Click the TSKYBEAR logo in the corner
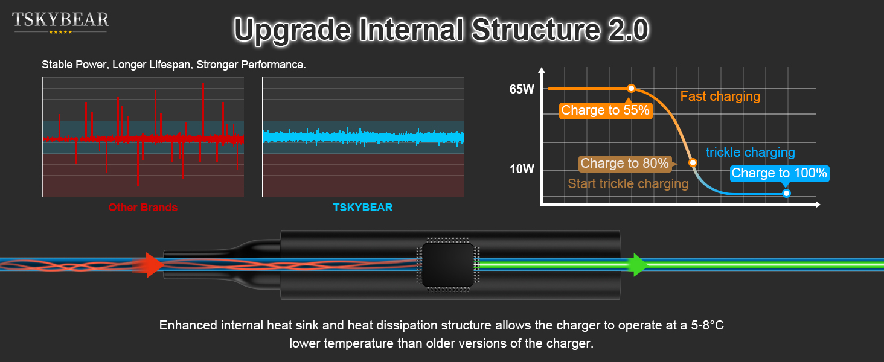[x=60, y=22]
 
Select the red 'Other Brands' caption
[x=143, y=208]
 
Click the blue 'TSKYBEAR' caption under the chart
[x=362, y=208]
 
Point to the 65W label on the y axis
[x=522, y=90]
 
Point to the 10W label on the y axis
[x=522, y=169]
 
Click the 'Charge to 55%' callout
[x=605, y=110]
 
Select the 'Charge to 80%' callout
[x=624, y=164]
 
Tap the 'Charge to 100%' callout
[x=779, y=174]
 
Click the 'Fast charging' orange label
[x=720, y=97]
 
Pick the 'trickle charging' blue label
[x=750, y=153]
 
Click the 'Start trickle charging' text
[x=628, y=184]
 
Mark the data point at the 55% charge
[x=631, y=89]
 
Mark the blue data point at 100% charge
[x=786, y=193]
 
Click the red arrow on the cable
[x=155, y=265]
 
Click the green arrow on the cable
[x=636, y=265]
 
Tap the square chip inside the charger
[x=447, y=265]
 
